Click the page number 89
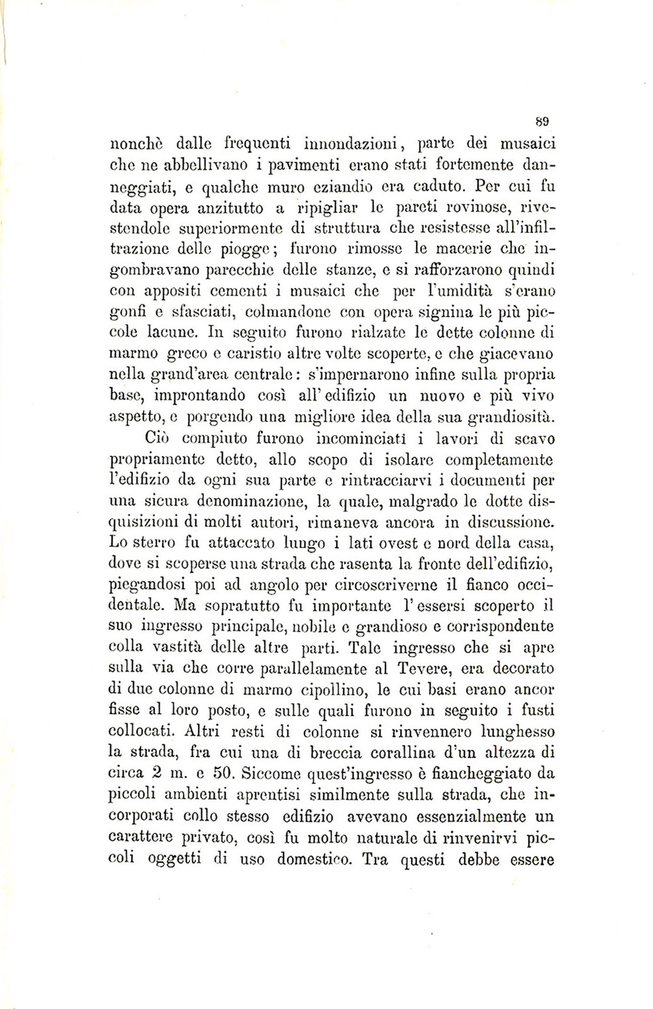pyautogui.click(x=542, y=120)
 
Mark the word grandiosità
pyautogui.click(x=509, y=416)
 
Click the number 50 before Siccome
pyautogui.click(x=223, y=773)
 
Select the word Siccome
pyautogui.click(x=271, y=773)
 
